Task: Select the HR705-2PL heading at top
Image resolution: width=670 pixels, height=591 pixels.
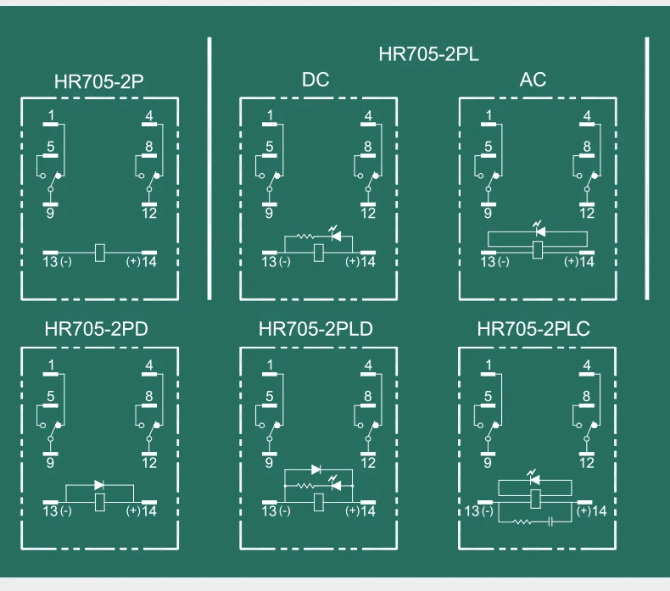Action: [428, 55]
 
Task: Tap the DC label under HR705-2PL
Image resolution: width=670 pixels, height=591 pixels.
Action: [315, 81]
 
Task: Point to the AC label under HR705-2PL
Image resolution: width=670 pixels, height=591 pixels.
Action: [533, 81]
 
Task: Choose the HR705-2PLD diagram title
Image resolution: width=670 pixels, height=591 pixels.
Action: [315, 329]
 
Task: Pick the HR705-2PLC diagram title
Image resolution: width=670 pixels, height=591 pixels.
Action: [533, 329]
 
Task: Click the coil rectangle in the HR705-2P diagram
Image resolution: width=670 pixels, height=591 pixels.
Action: [100, 252]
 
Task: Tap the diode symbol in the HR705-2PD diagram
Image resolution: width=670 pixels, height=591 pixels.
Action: [99, 484]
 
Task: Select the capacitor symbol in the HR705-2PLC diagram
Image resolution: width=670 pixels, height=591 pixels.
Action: [551, 520]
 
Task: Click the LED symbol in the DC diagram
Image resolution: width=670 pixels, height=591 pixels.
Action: [336, 237]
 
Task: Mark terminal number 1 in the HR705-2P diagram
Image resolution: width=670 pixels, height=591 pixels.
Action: [51, 114]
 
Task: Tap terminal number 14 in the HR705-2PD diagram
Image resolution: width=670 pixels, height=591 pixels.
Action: [149, 511]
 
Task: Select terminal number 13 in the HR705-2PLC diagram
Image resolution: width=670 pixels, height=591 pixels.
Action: [472, 511]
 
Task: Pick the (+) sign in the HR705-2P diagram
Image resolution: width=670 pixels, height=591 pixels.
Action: [133, 262]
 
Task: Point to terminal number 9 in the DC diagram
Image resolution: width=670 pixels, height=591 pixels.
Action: [269, 213]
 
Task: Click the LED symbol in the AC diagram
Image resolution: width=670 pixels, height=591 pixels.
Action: [537, 231]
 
